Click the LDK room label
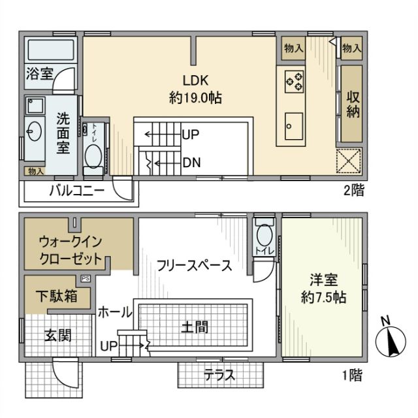click(x=195, y=82)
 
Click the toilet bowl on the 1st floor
click(x=265, y=234)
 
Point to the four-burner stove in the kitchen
click(x=293, y=81)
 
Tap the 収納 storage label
click(x=353, y=105)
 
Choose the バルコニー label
click(x=76, y=191)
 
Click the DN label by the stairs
click(x=191, y=162)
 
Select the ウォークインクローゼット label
click(x=71, y=249)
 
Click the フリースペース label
click(x=194, y=265)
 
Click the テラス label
click(x=219, y=376)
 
